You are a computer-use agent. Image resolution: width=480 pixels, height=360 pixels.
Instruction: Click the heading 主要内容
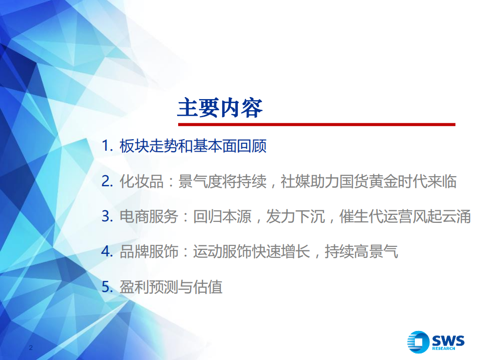(x=220, y=108)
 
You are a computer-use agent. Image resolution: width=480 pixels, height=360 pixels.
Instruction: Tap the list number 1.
(x=106, y=147)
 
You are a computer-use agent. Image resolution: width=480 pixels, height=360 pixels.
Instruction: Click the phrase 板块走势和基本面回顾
(x=193, y=147)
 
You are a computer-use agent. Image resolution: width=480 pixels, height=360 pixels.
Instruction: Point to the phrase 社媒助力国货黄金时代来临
(x=368, y=182)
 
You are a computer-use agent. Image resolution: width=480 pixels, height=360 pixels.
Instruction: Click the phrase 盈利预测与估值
(x=171, y=287)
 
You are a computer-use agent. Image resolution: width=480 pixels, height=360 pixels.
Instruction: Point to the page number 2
(x=32, y=348)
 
